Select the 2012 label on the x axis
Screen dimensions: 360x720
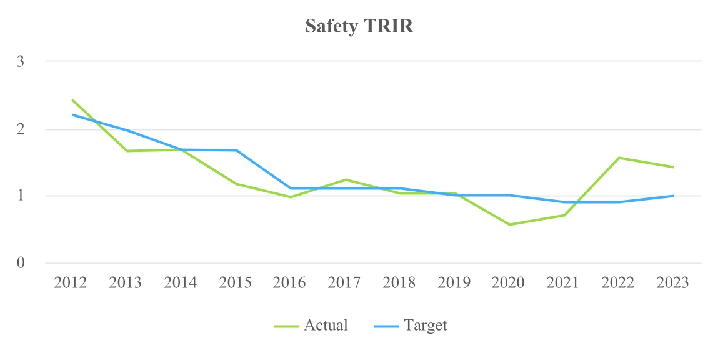[71, 283]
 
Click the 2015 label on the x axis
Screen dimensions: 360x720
[235, 283]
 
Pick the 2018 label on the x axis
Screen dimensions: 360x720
[399, 283]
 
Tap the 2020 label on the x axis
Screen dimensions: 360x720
[508, 283]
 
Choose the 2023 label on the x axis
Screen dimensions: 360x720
[672, 283]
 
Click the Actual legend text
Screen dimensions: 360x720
[326, 326]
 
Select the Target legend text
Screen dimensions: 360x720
[426, 326]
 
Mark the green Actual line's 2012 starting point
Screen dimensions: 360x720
[72, 100]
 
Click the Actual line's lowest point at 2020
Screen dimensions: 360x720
[509, 224]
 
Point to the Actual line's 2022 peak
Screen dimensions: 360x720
[619, 157]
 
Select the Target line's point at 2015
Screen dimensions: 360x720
[236, 150]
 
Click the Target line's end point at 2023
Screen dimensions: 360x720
[673, 196]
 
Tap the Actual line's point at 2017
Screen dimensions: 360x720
[346, 179]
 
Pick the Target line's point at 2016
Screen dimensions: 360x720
[291, 188]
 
